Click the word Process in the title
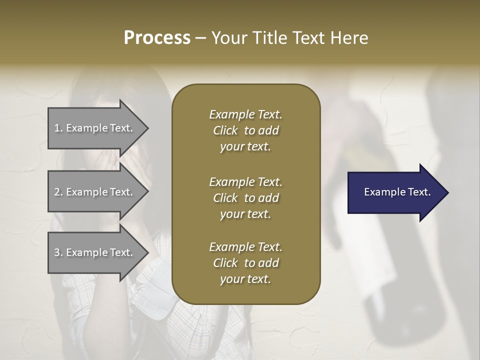[x=157, y=38]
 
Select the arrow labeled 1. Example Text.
[x=95, y=128]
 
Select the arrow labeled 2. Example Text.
[x=95, y=192]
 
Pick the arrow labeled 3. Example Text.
[x=95, y=252]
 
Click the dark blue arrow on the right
[x=395, y=192]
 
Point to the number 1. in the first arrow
[x=58, y=128]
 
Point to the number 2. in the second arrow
[x=58, y=192]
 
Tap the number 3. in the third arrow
[x=58, y=252]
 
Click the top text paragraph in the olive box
[x=245, y=130]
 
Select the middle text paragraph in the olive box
[x=245, y=197]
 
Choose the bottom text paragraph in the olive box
[x=245, y=263]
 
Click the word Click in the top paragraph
[x=225, y=130]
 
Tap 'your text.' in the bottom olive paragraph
[x=245, y=279]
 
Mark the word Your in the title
[x=228, y=38]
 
